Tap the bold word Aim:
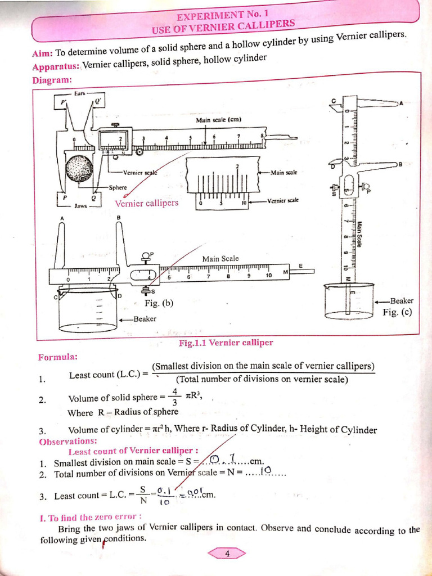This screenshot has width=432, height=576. [x=43, y=53]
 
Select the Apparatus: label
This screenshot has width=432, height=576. [x=56, y=66]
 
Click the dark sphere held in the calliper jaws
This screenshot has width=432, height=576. [x=79, y=168]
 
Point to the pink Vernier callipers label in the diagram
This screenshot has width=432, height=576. [x=146, y=203]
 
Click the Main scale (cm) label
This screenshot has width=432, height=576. [x=218, y=120]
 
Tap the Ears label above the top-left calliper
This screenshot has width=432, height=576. [x=80, y=93]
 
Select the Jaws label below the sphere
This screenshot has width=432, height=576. [x=80, y=206]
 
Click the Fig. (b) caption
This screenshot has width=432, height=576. [x=159, y=303]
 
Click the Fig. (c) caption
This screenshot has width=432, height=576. [x=398, y=312]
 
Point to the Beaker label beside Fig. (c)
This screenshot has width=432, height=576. [x=402, y=301]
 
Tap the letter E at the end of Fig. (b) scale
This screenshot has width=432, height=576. [x=300, y=265]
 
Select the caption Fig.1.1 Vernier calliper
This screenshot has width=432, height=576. [x=226, y=343]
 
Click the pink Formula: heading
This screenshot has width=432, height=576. [x=57, y=357]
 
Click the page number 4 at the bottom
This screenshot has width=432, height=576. [x=227, y=553]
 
